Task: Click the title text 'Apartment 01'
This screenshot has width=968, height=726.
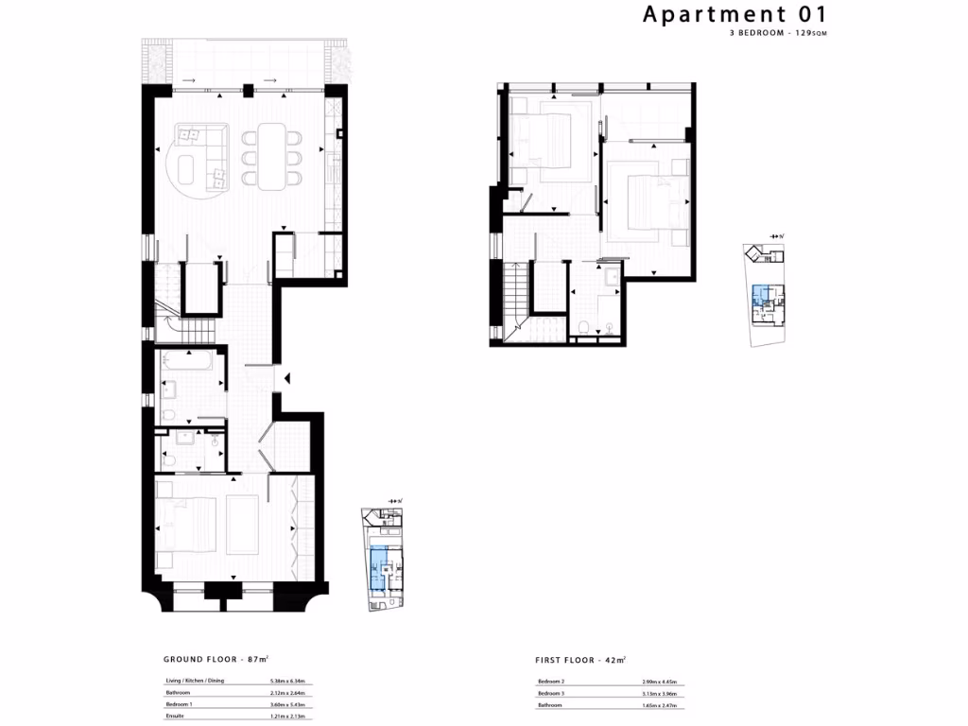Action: [735, 14]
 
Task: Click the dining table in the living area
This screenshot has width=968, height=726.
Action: [273, 156]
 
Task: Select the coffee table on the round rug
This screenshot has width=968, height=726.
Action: [188, 172]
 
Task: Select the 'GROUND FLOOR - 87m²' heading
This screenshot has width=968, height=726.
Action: [217, 659]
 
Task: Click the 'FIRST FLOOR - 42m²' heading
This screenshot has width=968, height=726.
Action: [579, 659]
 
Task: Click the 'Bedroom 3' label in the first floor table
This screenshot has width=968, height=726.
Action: [552, 693]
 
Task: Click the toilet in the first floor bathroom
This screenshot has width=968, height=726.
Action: [585, 327]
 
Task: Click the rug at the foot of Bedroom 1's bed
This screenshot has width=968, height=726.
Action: [240, 526]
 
